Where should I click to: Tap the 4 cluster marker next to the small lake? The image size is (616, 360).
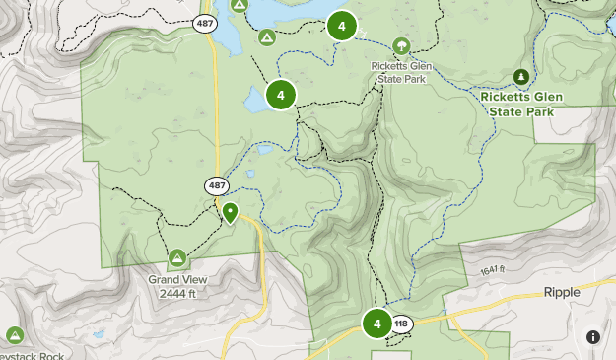[x=281, y=95]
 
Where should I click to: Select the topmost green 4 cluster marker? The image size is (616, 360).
[x=341, y=26]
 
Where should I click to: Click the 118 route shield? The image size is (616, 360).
[x=400, y=324]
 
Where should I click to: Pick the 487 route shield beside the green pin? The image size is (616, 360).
[x=217, y=185]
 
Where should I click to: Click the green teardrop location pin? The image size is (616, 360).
[x=231, y=212]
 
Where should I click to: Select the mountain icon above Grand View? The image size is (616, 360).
[x=177, y=258]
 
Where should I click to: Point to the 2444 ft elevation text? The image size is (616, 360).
[x=177, y=292]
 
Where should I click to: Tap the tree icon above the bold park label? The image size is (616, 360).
[x=520, y=76]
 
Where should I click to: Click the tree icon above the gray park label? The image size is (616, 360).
[x=401, y=45]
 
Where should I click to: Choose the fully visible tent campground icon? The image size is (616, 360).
[x=266, y=37]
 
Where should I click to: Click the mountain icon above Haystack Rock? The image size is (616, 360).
[x=14, y=335]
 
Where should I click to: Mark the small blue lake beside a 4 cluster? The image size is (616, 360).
[x=252, y=100]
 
